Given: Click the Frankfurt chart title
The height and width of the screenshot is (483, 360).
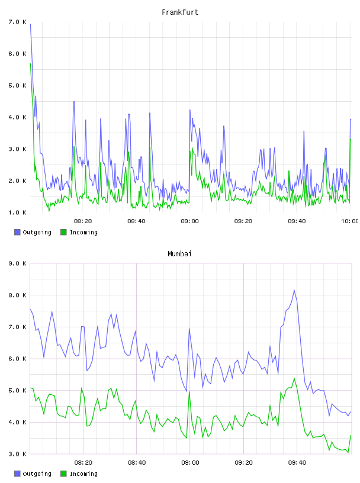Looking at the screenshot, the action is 180,12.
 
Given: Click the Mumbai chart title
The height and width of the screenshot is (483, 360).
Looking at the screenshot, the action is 179,254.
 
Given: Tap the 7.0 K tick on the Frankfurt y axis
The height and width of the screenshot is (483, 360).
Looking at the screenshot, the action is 17,22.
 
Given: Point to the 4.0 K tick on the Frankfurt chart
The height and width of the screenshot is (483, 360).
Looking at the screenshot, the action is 17,117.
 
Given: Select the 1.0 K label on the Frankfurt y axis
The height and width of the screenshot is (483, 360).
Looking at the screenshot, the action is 17,212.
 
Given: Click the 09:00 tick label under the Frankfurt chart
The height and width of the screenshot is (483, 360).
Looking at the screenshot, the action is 189,221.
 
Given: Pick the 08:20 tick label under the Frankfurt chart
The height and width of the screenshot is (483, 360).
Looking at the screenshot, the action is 83,221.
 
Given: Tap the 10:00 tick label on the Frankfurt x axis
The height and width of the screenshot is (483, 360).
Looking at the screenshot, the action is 350,221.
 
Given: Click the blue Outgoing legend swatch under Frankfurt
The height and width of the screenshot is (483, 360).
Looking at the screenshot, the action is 17,232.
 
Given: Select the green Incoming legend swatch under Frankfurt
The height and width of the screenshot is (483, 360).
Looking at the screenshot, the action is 63,232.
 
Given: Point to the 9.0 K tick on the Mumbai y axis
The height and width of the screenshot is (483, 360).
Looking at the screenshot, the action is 17,263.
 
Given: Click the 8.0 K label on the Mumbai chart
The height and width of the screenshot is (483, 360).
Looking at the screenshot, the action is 17,295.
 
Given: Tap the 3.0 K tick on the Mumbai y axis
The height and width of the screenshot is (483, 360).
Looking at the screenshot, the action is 17,454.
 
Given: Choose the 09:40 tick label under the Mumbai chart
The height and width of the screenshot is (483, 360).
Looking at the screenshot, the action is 297,463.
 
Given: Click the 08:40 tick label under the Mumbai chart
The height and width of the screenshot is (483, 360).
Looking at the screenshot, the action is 137,463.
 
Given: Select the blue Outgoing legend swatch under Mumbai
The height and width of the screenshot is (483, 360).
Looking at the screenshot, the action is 17,474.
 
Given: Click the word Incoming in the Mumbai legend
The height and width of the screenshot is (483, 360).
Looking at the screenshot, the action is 83,474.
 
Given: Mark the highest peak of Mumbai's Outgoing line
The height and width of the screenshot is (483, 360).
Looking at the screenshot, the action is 294,290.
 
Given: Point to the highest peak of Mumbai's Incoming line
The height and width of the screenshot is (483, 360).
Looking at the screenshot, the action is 294,378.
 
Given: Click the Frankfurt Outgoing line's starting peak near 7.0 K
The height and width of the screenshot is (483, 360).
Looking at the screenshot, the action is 30,24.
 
